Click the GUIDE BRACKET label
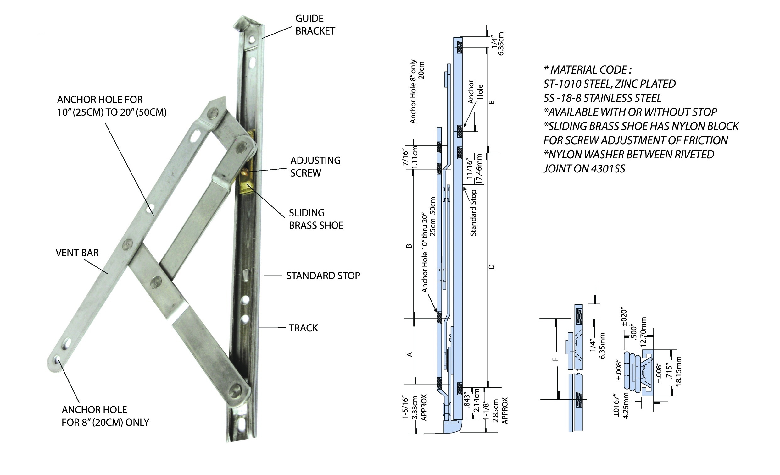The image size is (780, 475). point(315,25)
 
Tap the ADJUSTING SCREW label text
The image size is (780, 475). point(315,167)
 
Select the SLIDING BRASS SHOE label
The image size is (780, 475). point(316,219)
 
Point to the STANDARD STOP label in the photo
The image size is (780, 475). point(323,276)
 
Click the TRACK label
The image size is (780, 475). point(303,328)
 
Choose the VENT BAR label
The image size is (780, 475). point(77,253)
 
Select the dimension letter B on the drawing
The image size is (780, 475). point(409,246)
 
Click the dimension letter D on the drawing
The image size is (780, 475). point(491,267)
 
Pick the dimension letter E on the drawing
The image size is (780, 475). point(491,102)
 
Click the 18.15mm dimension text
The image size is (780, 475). point(678,371)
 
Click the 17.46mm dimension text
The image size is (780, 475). point(479,169)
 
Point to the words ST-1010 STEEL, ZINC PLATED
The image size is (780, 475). point(610,84)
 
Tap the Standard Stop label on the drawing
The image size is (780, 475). point(473,213)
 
